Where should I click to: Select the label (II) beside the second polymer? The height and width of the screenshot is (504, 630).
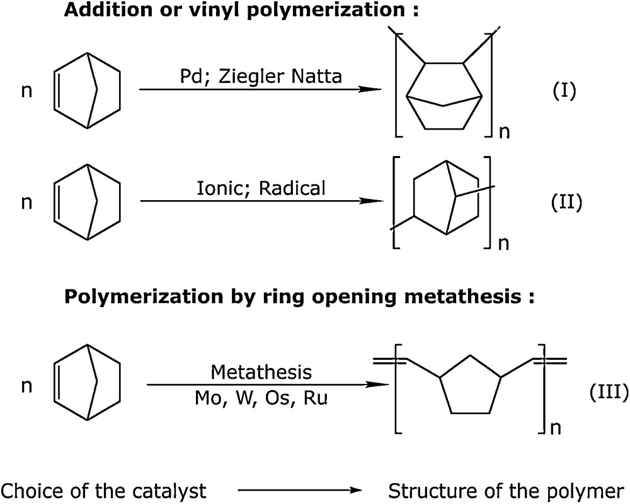tap(564, 203)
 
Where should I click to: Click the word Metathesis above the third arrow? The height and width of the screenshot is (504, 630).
tap(261, 372)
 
